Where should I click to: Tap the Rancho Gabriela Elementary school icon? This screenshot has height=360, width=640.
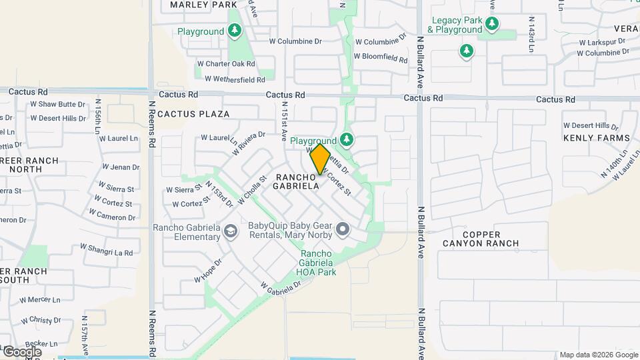pyautogui.click(x=230, y=231)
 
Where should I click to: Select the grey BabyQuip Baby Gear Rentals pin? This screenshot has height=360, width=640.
pyautogui.click(x=343, y=230)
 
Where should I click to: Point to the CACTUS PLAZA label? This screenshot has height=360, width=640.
pyautogui.click(x=193, y=114)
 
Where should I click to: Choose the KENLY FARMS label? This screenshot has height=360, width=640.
pyautogui.click(x=596, y=138)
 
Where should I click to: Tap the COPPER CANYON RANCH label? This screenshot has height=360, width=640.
pyautogui.click(x=481, y=239)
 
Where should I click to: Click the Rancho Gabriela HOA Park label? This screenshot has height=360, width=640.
pyautogui.click(x=319, y=263)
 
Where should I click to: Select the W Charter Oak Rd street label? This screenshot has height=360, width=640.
pyautogui.click(x=226, y=64)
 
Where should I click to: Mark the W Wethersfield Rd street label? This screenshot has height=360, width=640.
pyautogui.click(x=235, y=79)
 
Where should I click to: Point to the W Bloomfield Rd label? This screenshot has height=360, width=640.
pyautogui.click(x=380, y=57)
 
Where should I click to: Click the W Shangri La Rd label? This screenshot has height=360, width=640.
pyautogui.click(x=107, y=250)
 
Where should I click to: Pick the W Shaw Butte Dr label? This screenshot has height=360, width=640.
pyautogui.click(x=57, y=105)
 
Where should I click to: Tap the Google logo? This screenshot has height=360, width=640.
pyautogui.click(x=22, y=351)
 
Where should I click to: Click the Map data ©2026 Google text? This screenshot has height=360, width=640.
pyautogui.click(x=598, y=355)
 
